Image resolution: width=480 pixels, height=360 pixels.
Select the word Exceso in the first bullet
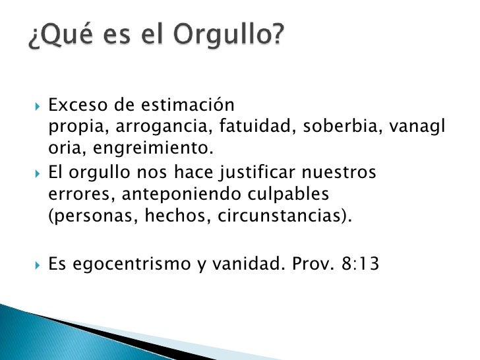pyautogui.click(x=74, y=104)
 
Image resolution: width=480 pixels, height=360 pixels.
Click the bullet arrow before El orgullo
pyautogui.click(x=38, y=173)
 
